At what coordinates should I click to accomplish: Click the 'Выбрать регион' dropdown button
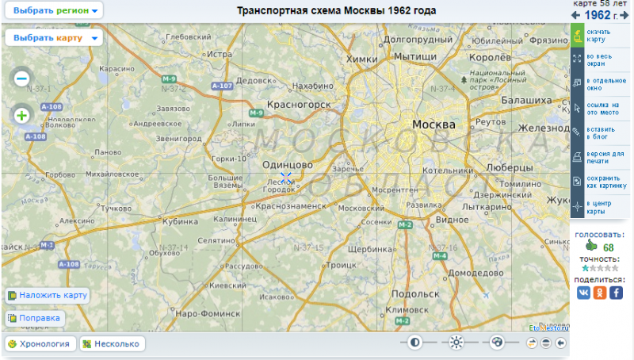53,11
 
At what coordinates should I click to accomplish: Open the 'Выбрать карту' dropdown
53,37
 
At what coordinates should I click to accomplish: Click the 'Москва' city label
433,125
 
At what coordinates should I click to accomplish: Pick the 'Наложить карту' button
47,295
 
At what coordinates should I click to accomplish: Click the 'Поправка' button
34,318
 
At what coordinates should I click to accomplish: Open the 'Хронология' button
40,343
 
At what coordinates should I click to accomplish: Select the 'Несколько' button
111,343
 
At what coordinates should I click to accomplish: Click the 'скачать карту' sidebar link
600,35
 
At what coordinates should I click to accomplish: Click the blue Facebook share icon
616,293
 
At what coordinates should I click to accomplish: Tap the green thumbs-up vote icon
590,246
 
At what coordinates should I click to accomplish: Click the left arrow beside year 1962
576,15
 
